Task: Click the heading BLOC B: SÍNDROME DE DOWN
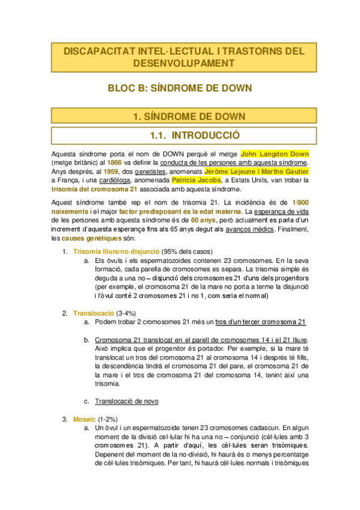click(x=179, y=88)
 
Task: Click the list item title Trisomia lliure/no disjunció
click(x=108, y=251)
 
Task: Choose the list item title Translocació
click(x=93, y=313)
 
